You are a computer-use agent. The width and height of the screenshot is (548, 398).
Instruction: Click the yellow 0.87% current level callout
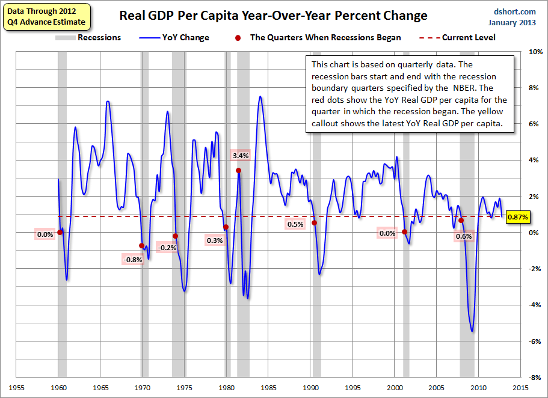(x=518, y=216)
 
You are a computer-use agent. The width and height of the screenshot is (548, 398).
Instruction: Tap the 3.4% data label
(x=240, y=156)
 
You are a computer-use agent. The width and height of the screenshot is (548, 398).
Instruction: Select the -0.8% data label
(x=132, y=260)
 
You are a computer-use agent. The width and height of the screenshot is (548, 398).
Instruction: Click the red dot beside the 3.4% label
(x=239, y=170)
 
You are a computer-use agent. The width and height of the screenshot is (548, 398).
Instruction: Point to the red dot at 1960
(x=60, y=232)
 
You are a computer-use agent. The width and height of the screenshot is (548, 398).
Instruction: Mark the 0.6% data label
(x=464, y=236)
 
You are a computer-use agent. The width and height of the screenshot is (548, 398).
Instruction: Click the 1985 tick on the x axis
(x=268, y=388)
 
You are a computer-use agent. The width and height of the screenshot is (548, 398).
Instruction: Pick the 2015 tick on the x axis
(x=520, y=388)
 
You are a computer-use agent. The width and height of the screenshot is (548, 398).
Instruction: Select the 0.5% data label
(x=295, y=224)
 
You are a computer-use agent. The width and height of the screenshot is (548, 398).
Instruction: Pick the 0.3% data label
(x=214, y=240)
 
